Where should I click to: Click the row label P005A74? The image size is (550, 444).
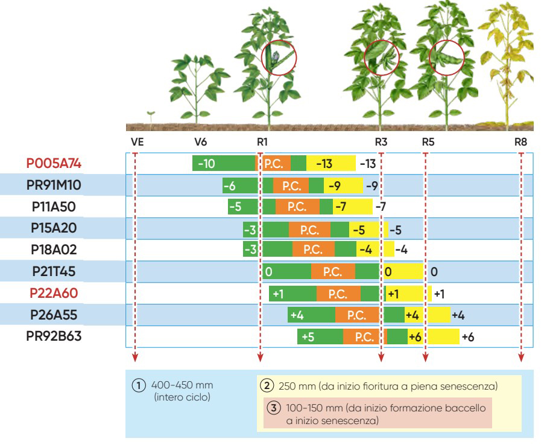(54, 164)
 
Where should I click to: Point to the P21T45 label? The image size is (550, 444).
(54, 272)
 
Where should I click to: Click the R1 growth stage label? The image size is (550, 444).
(262, 143)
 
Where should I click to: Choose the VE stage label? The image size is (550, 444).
(137, 143)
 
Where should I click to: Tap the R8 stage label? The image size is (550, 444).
(520, 143)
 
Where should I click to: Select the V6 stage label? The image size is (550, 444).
(200, 143)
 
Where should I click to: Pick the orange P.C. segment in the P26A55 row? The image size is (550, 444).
(357, 315)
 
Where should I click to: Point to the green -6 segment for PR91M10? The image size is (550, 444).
(231, 185)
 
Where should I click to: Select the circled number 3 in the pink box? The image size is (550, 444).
(272, 408)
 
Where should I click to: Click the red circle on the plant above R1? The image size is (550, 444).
(279, 57)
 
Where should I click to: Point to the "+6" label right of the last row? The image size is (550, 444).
(467, 337)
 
